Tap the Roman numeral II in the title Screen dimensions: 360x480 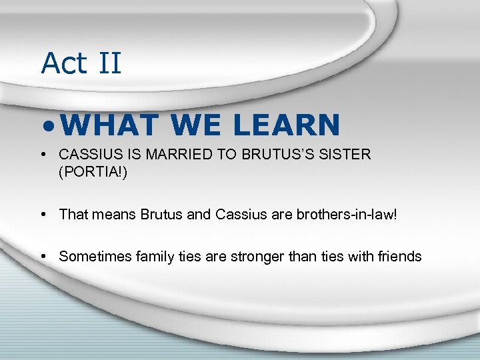click(x=109, y=63)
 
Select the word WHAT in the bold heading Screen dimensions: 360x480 click(x=113, y=125)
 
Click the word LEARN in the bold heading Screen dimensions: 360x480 click(x=289, y=125)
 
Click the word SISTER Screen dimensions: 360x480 click(x=346, y=154)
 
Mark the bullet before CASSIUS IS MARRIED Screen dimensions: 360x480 click(x=43, y=155)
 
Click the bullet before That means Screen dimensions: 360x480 click(x=43, y=215)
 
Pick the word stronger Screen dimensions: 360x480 click(x=255, y=256)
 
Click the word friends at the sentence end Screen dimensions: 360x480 click(x=398, y=256)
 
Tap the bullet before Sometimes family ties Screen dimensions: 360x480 click(x=43, y=257)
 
